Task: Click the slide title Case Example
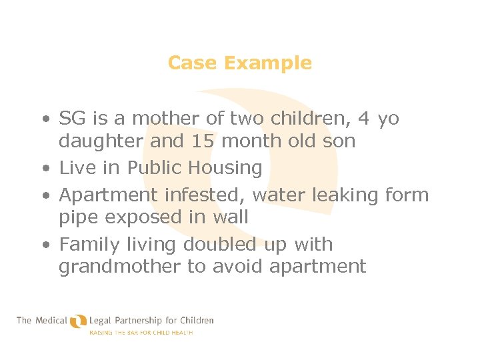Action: tap(239, 63)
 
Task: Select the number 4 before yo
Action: tap(363, 119)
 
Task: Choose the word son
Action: tap(341, 141)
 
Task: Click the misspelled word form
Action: tap(407, 195)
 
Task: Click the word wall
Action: tap(231, 217)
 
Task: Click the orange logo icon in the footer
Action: tap(79, 322)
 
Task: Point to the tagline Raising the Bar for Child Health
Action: tap(141, 332)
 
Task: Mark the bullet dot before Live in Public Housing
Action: tap(44, 169)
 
